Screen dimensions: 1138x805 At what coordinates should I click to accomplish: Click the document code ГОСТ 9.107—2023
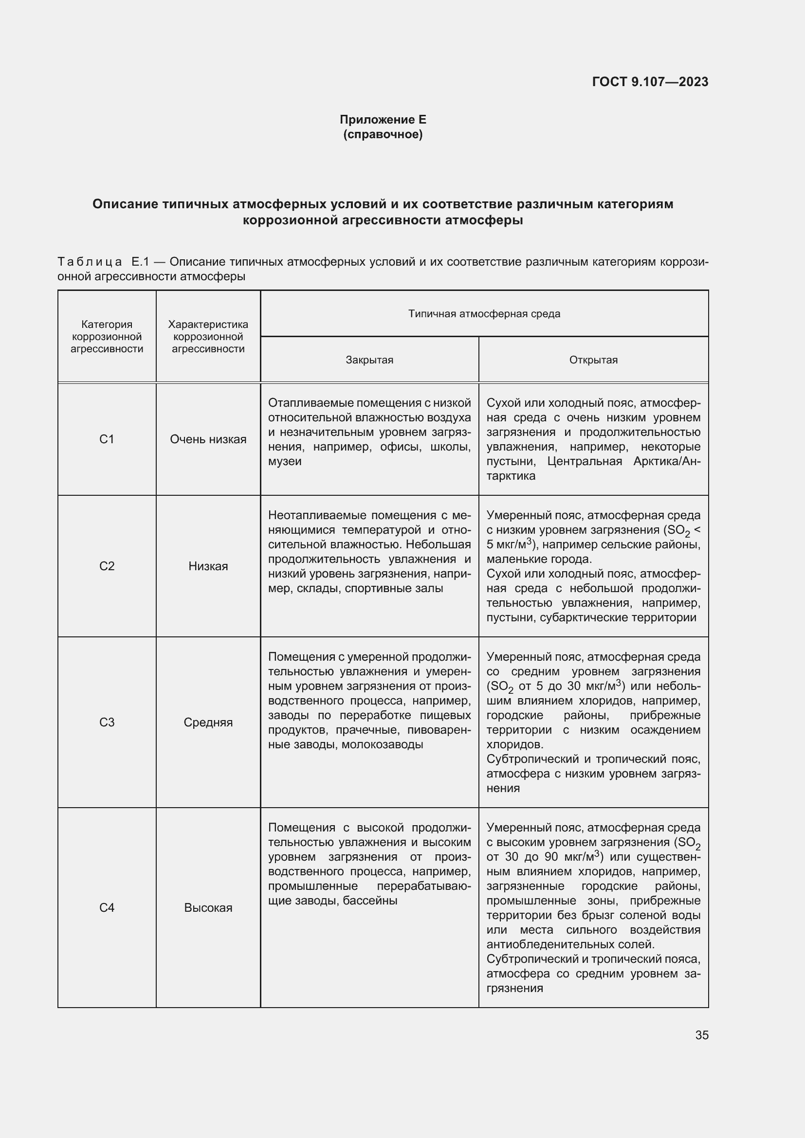tap(650, 82)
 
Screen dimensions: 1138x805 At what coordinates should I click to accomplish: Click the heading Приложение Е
tap(383, 120)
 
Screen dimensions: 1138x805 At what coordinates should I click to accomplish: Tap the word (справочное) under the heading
tap(383, 134)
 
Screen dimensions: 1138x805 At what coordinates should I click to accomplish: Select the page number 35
tap(701, 1035)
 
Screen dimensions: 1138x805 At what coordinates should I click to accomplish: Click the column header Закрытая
tap(369, 360)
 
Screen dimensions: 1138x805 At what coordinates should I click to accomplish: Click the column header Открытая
tap(593, 360)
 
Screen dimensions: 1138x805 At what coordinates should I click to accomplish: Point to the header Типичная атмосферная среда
tap(484, 314)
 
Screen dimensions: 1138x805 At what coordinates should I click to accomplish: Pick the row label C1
tap(107, 439)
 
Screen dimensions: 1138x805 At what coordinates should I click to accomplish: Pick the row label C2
tap(107, 566)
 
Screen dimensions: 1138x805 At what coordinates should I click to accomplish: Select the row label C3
tap(107, 722)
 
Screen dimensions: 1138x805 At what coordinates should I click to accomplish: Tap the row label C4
tap(107, 907)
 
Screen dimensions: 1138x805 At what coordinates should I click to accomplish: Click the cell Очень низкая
tap(208, 439)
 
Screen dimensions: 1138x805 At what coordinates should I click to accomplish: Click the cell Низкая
tap(208, 566)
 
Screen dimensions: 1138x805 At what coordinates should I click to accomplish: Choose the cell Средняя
tap(208, 722)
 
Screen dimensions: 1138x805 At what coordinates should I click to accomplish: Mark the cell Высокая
tap(208, 907)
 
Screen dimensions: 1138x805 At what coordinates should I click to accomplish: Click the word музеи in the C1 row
tap(285, 461)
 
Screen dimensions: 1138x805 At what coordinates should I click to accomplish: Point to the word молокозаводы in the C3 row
tap(382, 744)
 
